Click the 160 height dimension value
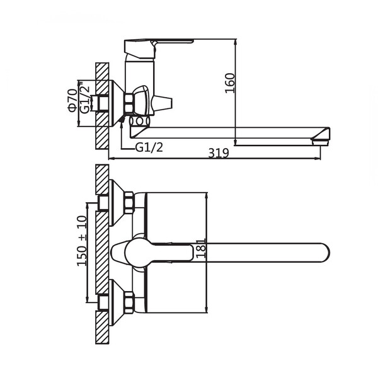tap(229, 83)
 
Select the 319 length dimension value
tap(219, 153)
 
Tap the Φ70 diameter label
tap(72, 100)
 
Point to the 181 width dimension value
tap(200, 248)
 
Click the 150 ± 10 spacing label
tap(82, 241)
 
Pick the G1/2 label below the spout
tap(149, 147)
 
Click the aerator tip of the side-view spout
tap(321, 142)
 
